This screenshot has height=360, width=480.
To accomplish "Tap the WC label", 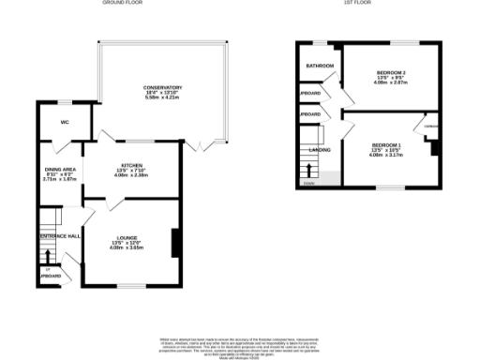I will [x=64, y=122].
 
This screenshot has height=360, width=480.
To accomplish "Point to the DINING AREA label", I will [x=60, y=171].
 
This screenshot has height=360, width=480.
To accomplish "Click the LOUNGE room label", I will [x=130, y=238].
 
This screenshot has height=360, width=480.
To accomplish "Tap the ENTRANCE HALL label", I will [x=58, y=235].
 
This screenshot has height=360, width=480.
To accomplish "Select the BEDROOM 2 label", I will [x=391, y=72].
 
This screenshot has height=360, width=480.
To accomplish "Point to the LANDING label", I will [x=320, y=149].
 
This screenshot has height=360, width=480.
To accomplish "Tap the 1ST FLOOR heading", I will [x=358, y=4].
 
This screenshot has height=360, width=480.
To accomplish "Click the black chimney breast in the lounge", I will [x=173, y=242].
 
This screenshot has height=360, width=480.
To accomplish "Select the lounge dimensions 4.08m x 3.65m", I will [x=130, y=248].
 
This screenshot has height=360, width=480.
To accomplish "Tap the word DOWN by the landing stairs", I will [x=308, y=184].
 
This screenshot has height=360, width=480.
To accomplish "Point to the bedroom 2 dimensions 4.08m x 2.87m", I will [x=391, y=82].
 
